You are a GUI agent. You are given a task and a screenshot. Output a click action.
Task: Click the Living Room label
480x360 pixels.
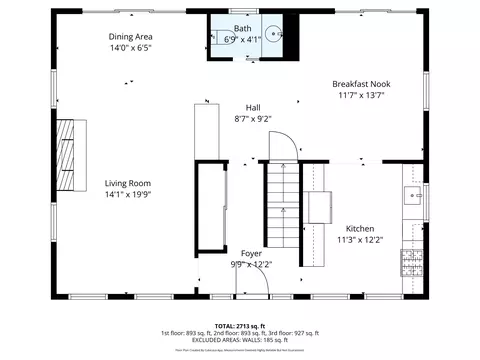pos(127,183)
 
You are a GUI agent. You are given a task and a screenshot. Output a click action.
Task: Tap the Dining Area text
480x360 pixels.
pos(130,36)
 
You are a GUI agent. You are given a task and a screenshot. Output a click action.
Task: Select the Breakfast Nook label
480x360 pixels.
pos(361,84)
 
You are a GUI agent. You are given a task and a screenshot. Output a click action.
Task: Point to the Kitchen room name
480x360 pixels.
pos(360,228)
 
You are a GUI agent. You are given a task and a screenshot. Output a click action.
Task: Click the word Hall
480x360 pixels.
pos(253,107)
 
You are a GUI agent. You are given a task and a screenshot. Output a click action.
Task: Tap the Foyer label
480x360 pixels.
pos(252,253)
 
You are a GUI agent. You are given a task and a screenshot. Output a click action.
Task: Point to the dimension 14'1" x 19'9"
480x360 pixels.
pos(127,196)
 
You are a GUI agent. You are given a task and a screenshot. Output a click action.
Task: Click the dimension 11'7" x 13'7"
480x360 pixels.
pos(361,96)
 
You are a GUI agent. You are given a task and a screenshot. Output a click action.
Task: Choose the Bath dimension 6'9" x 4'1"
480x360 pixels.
pos(243,40)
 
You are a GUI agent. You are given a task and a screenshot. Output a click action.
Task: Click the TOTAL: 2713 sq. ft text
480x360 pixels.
pos(239,326)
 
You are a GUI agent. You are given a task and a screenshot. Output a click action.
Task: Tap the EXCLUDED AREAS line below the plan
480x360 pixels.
pos(239,340)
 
